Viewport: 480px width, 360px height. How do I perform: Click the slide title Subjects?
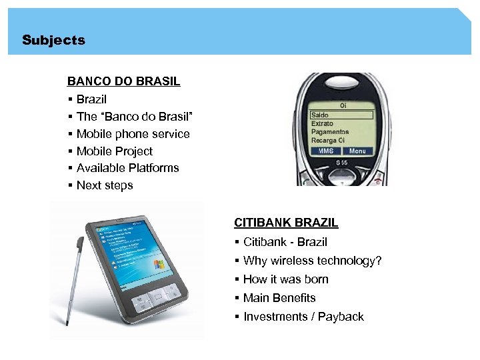(x=53, y=40)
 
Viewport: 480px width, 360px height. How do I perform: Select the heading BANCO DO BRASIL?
(x=123, y=82)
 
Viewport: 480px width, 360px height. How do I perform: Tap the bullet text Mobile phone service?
(x=133, y=134)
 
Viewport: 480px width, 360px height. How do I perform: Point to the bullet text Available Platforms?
(x=127, y=168)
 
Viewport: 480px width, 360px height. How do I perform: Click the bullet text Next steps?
(x=105, y=185)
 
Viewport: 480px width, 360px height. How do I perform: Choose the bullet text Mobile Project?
(x=114, y=151)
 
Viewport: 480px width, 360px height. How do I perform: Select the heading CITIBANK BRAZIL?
(x=286, y=223)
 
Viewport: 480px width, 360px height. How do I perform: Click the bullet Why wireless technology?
(x=312, y=261)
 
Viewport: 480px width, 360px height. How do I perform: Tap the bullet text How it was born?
(x=285, y=279)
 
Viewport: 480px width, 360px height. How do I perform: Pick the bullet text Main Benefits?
(x=279, y=298)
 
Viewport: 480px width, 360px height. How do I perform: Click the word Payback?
(x=341, y=317)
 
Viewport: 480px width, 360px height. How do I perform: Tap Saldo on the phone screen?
(x=320, y=115)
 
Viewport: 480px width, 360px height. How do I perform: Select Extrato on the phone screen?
(x=322, y=123)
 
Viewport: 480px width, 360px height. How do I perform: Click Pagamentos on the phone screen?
(x=329, y=132)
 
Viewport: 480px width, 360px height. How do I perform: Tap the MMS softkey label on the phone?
(x=325, y=151)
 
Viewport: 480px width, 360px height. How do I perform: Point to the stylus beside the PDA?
(x=72, y=267)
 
